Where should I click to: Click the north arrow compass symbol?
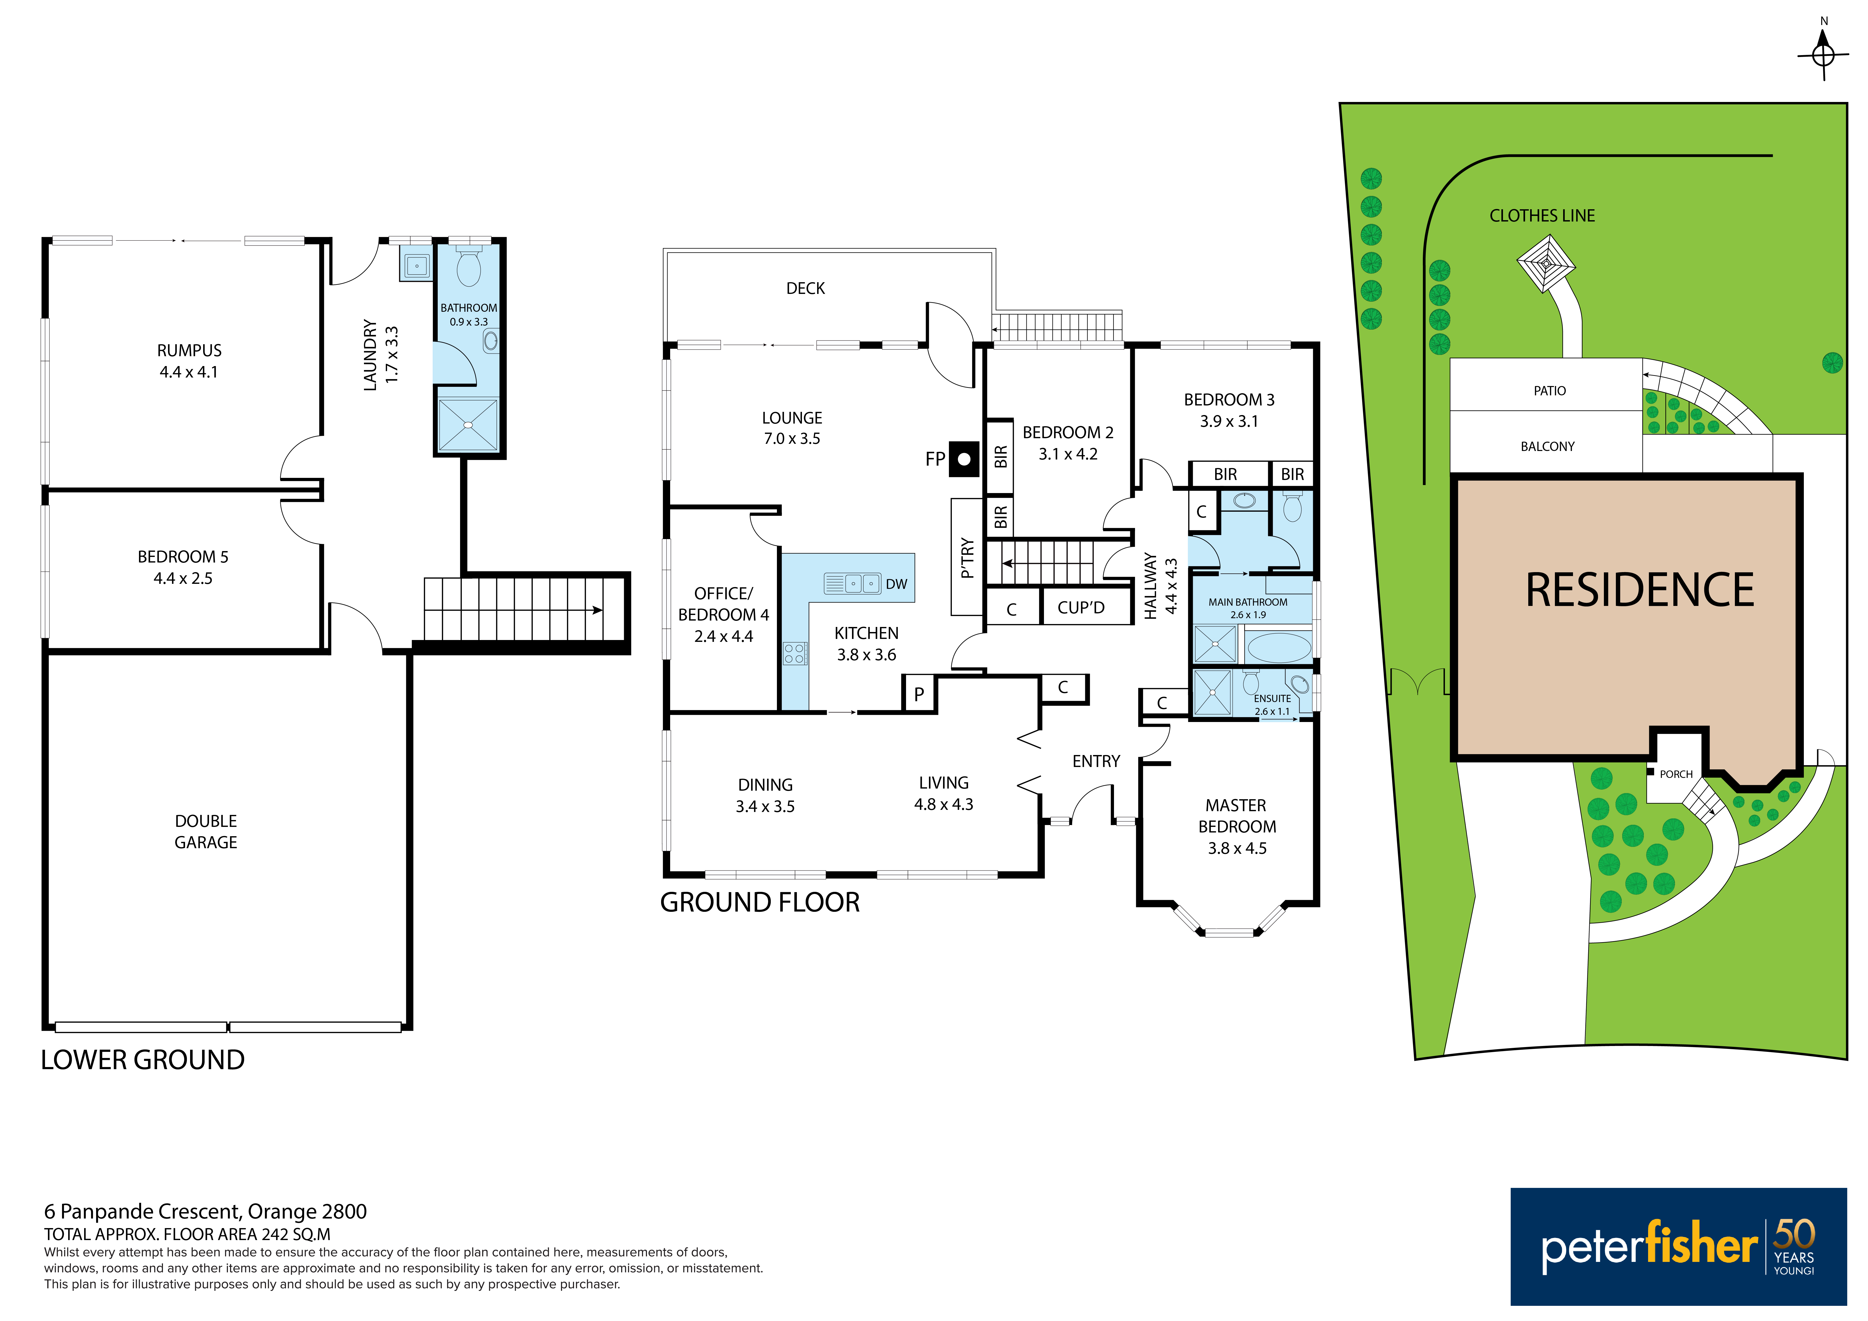[x=1823, y=55]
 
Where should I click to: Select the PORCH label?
[x=1676, y=774]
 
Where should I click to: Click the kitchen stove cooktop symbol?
[x=795, y=653]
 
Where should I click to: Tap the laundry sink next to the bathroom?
[x=417, y=265]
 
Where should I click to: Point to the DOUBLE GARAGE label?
[x=206, y=831]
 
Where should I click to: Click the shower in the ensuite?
[x=1212, y=692]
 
